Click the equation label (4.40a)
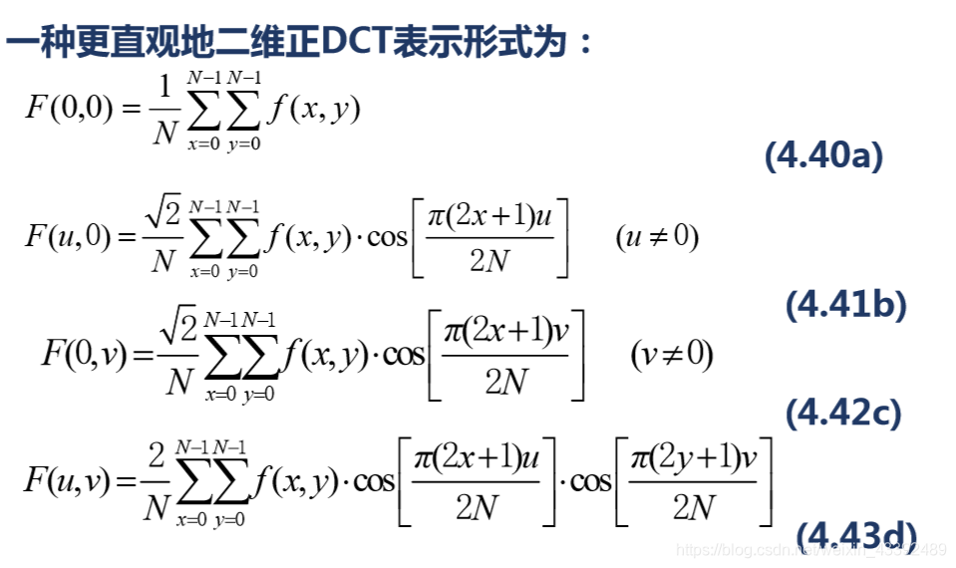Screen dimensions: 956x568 click(x=823, y=155)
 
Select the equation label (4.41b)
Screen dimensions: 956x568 click(x=846, y=305)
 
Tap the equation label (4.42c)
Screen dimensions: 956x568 click(x=843, y=412)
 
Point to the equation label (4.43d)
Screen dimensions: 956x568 click(x=855, y=535)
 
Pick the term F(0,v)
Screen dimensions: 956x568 click(x=84, y=353)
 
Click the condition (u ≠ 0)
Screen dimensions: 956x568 click(x=657, y=237)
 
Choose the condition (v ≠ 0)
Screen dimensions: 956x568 click(x=672, y=354)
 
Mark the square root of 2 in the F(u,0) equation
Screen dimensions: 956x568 click(x=162, y=211)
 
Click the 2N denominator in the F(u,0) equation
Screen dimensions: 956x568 click(x=489, y=262)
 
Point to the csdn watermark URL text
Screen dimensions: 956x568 click(x=807, y=550)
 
